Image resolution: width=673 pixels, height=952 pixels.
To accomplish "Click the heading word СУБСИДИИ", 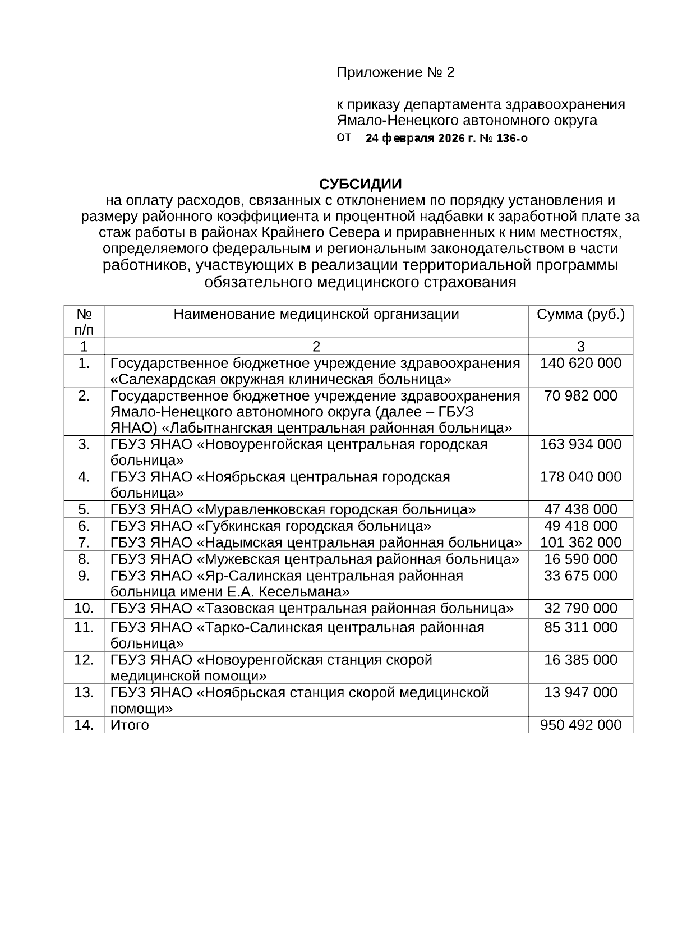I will coord(360,185).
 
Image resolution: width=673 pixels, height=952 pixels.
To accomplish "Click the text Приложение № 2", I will coord(395,72).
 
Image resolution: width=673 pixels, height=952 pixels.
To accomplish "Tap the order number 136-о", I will coord(511,138).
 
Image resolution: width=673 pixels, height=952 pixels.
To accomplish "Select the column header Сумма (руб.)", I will coord(580,314).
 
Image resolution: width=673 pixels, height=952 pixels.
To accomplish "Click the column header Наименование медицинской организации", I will coord(316,314).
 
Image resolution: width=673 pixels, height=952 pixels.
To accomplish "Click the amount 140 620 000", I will coord(580,364).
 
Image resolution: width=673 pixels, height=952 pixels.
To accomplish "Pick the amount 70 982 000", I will coord(580,396).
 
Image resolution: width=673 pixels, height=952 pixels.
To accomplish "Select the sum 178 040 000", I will coord(580,477).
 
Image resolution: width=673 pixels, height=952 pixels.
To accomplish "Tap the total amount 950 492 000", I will coord(580,725).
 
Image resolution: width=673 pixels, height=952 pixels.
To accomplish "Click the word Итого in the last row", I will coord(130,725).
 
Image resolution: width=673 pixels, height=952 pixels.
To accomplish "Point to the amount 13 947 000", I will coord(580,693).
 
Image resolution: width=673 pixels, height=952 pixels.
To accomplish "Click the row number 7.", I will coord(84,542).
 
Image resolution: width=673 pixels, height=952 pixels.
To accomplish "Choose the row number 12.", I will coord(84,660).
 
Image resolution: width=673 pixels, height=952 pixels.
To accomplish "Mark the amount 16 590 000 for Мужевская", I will coord(580,559).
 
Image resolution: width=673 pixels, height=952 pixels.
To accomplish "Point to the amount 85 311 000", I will coord(580,628).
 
